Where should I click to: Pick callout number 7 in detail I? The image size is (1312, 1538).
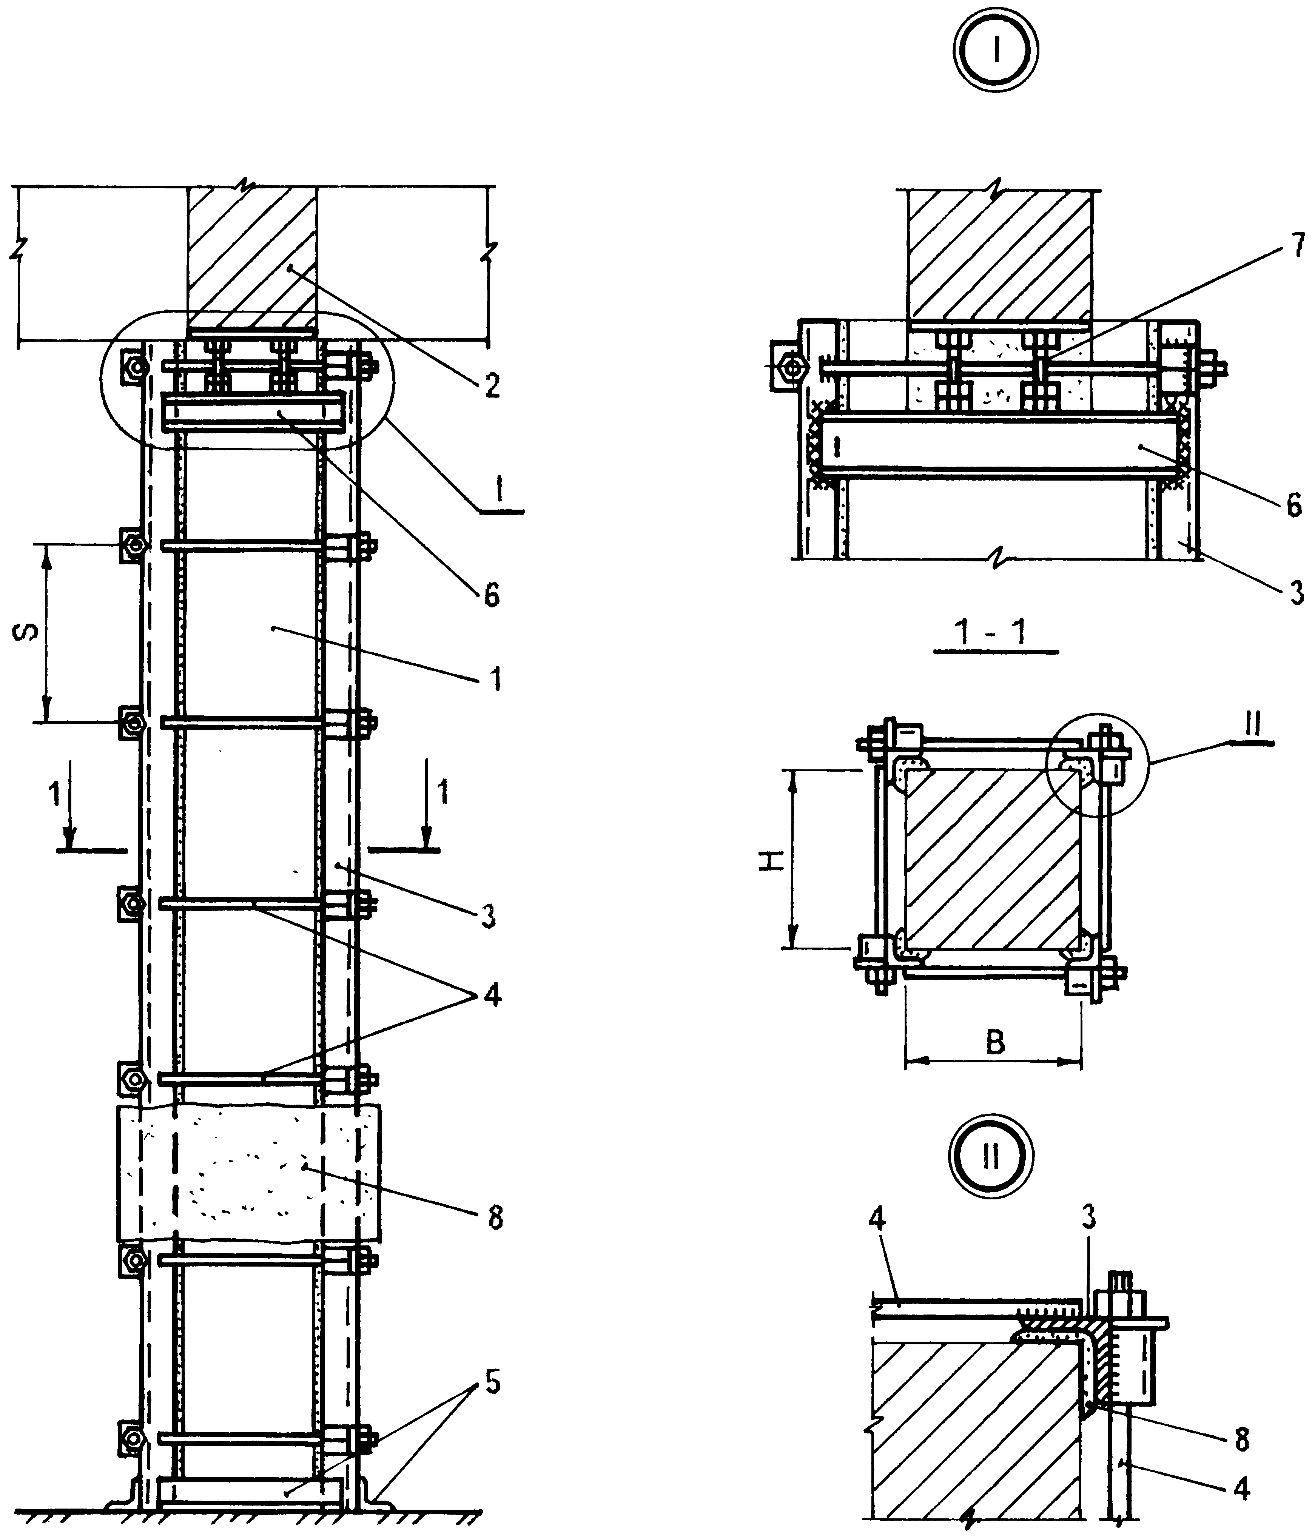point(1297,246)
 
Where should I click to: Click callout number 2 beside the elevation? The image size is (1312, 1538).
point(492,385)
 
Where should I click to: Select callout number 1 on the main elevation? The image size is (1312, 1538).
point(495,678)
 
